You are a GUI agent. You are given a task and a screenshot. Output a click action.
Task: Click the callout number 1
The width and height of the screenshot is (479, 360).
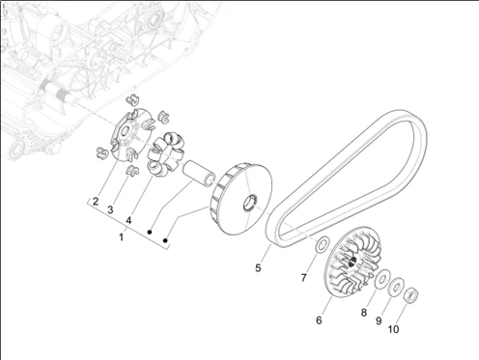tap(121, 237)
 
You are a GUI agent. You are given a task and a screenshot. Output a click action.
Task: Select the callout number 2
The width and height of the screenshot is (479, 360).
tap(96, 202)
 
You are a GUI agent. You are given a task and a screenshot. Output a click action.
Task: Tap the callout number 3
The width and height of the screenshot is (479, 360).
tap(110, 210)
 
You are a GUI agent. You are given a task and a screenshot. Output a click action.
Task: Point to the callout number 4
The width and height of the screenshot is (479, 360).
tap(128, 220)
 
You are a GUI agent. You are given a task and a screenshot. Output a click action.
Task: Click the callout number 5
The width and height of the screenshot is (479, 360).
tap(258, 267)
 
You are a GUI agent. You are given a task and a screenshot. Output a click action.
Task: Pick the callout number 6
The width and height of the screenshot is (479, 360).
tap(319, 320)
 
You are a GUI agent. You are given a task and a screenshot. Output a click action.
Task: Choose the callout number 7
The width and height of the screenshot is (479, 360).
tap(303, 277)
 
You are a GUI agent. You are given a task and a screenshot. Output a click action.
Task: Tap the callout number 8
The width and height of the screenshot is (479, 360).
tap(364, 313)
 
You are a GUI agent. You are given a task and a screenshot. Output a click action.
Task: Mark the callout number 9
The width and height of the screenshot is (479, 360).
tap(379, 320)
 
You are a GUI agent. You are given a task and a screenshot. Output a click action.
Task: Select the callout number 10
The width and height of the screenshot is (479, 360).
tap(393, 329)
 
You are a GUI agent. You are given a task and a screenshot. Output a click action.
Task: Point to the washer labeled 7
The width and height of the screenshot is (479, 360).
tap(322, 244)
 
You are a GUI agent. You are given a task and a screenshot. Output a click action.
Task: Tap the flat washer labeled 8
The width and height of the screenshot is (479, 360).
tap(382, 279)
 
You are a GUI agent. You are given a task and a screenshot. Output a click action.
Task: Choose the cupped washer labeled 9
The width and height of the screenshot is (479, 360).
tap(396, 287)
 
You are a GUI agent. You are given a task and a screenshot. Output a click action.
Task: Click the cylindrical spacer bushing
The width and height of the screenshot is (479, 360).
tap(198, 173)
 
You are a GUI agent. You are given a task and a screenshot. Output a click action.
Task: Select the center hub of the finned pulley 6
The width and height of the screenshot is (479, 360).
tap(352, 262)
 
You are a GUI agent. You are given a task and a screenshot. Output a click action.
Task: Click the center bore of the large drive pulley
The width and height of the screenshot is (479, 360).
tap(249, 203)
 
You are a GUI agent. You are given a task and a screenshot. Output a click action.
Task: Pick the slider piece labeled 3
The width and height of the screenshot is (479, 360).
tap(131, 170)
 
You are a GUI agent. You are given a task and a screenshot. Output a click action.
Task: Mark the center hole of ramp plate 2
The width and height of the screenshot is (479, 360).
tap(125, 131)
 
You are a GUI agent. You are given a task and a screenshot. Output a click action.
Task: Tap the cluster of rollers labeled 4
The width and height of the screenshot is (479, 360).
tap(166, 153)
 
